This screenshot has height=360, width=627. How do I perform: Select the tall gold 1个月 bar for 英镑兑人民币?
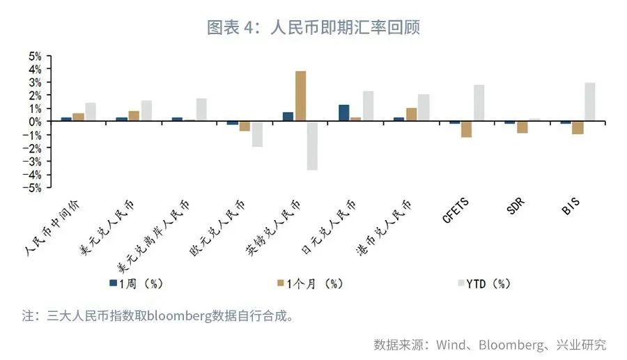coord(300,96)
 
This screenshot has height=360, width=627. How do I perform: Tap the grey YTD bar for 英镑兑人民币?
coord(312,146)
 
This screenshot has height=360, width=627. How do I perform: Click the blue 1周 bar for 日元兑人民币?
coord(343,113)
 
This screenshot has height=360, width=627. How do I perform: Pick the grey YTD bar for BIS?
coord(589,102)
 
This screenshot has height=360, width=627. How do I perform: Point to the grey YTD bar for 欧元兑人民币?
coord(257,134)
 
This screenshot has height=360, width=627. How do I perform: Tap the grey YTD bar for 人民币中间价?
coord(91,112)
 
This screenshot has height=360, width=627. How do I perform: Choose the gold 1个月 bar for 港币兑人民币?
coord(411,114)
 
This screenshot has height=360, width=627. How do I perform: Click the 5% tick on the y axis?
coord(35,56)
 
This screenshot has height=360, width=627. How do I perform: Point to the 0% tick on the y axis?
coord(35,121)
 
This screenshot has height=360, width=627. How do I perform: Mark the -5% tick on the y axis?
coord(35,187)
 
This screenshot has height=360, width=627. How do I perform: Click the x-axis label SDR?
coord(516,208)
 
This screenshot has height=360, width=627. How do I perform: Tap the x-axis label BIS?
coord(571,208)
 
